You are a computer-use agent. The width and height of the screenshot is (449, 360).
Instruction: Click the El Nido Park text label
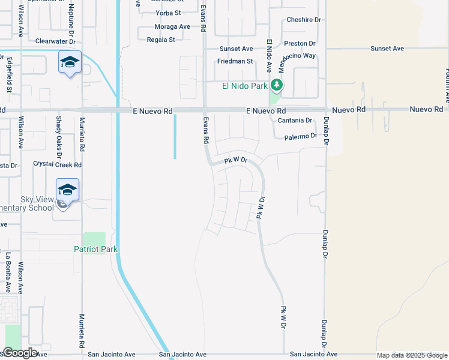[x=244, y=86]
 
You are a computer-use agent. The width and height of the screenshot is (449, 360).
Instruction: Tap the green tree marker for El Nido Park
[x=276, y=86]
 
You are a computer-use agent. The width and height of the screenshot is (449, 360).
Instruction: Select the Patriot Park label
[x=95, y=249]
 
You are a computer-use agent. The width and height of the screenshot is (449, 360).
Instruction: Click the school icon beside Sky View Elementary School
[x=67, y=190]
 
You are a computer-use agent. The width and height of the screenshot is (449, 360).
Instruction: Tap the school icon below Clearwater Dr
[x=70, y=62]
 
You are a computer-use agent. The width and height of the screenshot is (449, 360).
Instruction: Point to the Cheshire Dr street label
[x=304, y=20]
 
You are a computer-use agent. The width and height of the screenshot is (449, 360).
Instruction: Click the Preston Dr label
[x=300, y=44]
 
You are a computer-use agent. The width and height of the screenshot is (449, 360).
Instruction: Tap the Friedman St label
[x=235, y=61]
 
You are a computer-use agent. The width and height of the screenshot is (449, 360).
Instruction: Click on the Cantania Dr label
[x=295, y=121]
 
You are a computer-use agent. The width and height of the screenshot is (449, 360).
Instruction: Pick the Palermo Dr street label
[x=300, y=136]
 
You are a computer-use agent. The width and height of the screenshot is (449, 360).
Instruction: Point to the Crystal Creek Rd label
[x=57, y=164]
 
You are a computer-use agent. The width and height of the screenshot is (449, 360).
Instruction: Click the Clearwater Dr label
[x=55, y=41]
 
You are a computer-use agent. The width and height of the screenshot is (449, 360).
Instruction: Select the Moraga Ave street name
[x=172, y=27]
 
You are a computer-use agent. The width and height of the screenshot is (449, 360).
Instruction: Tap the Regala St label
[x=161, y=40]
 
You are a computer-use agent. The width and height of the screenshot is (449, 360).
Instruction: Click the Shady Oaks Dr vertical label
[x=59, y=133]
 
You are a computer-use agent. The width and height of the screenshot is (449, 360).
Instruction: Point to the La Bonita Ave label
[x=8, y=269]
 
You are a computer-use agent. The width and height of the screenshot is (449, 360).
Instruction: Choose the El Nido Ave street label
[x=270, y=56]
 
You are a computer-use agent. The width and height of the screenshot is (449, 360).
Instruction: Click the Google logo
[x=20, y=353]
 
